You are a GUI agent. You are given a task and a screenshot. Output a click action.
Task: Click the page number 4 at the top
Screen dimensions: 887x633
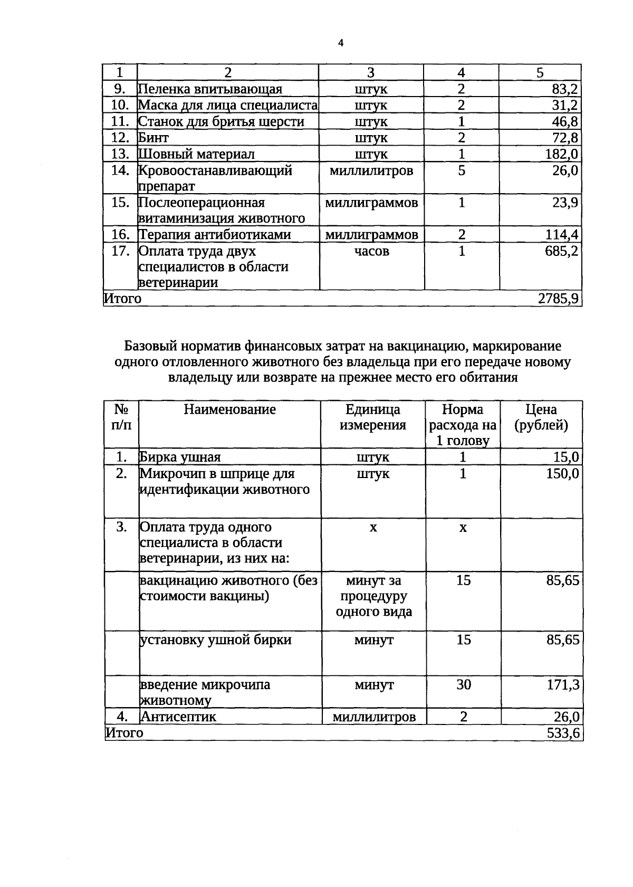click(340, 43)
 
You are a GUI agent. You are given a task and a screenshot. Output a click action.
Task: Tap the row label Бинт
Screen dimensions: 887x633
click(154, 138)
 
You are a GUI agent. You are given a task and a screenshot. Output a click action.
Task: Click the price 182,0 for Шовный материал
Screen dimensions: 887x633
click(561, 154)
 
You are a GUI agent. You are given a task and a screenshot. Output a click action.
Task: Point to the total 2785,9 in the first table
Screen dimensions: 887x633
click(558, 299)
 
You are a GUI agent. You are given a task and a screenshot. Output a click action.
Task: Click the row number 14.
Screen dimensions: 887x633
click(120, 170)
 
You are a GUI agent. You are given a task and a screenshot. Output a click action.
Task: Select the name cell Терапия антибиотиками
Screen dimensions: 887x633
click(215, 235)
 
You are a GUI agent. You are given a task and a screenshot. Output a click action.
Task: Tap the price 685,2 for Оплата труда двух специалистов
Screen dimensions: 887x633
click(561, 251)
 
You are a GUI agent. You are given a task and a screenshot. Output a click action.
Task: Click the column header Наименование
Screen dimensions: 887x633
click(229, 409)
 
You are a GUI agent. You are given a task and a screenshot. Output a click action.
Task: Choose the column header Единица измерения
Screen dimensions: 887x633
click(372, 417)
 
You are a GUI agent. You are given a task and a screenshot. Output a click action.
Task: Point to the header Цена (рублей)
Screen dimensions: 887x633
click(541, 417)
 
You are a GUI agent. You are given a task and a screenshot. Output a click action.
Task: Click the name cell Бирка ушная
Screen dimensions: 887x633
click(180, 457)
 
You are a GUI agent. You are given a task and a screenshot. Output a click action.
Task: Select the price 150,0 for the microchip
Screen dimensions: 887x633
click(562, 474)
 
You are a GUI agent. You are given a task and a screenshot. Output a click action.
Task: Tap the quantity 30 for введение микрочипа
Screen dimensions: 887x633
click(463, 685)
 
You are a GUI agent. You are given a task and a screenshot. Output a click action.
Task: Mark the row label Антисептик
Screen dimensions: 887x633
click(178, 717)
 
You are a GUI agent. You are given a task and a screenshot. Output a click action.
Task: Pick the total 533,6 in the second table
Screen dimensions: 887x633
click(563, 733)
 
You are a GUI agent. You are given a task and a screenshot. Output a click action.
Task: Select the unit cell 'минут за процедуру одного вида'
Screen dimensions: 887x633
click(373, 596)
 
